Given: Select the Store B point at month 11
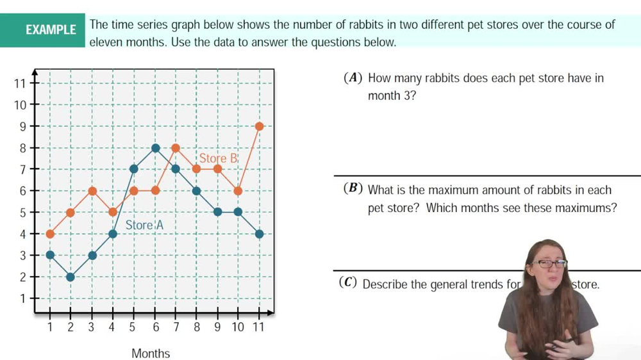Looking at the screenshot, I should coord(259,126).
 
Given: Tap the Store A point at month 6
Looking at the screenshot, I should coord(155,148).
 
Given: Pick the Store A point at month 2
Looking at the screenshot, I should coord(71,277).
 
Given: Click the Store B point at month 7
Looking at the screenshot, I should coord(176,148).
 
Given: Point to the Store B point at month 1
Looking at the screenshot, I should coord(50,234).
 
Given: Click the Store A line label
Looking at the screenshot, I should coord(144,225).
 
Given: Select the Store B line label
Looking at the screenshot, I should coord(218,158).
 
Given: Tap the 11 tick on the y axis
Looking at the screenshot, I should coord(20,83).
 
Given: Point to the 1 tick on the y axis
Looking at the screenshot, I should coord(22,299).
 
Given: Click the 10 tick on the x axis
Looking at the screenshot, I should coord(238,327).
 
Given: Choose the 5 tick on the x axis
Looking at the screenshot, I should coord(133,327).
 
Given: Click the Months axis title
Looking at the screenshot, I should coord(151,353).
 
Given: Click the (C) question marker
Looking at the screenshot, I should coord(348,283).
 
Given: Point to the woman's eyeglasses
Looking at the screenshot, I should coord(549,263).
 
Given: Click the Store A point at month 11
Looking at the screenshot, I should coord(259,234).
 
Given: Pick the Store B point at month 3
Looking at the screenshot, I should coord(92,191).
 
